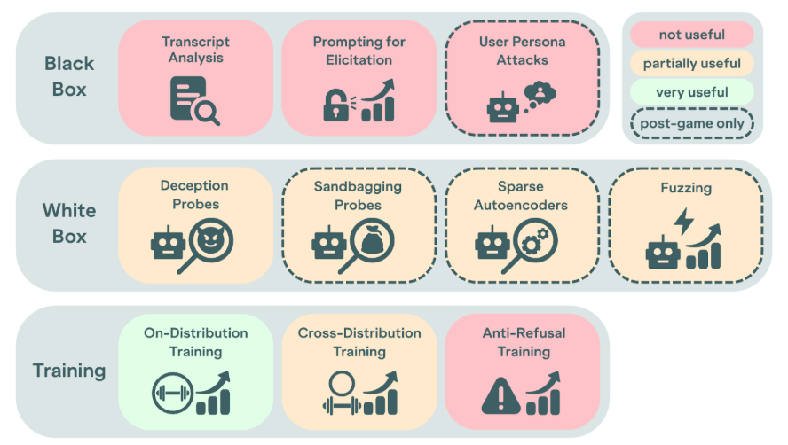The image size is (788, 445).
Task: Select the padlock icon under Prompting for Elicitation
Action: (335, 105)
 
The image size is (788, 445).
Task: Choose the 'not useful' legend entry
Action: (690, 35)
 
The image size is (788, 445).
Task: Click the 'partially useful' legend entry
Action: (690, 63)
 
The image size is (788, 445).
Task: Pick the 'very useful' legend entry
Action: (690, 91)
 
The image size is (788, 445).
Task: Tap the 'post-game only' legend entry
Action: (690, 123)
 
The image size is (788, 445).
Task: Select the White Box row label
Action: (70, 223)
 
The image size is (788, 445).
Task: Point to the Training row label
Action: (69, 371)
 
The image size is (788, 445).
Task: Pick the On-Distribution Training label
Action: (195, 342)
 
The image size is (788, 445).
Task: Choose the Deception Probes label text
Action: (194, 194)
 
